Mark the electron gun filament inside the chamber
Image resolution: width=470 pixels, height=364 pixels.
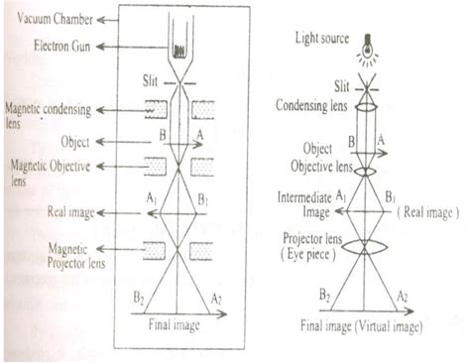(181, 50)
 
